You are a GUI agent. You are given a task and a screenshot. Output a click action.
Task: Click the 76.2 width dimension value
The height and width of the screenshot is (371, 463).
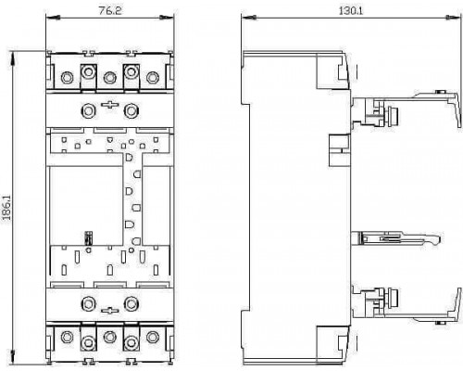110,10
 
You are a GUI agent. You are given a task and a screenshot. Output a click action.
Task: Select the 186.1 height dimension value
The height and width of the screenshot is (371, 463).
6,208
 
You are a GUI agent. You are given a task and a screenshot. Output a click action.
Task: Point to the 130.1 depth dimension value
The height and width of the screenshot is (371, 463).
351,10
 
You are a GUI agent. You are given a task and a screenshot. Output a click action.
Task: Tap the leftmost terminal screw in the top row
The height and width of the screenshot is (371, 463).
67,77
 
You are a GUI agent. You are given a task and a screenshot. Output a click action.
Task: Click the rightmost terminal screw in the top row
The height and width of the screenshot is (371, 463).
153,77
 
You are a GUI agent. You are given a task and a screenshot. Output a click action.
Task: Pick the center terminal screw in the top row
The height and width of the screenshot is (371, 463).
109,77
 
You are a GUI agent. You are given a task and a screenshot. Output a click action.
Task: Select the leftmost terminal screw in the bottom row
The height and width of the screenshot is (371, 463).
67,337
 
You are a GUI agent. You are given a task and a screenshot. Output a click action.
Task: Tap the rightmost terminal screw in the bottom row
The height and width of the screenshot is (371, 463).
153,337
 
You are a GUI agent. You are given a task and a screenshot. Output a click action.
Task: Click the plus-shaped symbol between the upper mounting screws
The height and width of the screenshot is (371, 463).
110,106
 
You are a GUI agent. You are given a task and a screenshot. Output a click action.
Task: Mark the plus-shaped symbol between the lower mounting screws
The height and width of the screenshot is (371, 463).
110,310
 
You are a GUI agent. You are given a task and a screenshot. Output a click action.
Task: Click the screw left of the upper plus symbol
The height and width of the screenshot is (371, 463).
88,110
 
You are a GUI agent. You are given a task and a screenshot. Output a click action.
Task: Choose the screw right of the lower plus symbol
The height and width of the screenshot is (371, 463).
131,304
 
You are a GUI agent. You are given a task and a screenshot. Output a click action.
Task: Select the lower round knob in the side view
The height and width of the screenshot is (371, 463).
393,298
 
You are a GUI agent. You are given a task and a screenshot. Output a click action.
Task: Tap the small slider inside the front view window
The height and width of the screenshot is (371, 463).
89,238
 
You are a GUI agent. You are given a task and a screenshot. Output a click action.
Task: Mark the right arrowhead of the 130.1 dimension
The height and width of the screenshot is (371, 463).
454,18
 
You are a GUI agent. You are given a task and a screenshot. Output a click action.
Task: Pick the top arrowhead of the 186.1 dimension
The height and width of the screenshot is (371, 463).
13,58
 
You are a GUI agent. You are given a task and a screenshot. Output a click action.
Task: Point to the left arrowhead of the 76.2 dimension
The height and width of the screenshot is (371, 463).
53,18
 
